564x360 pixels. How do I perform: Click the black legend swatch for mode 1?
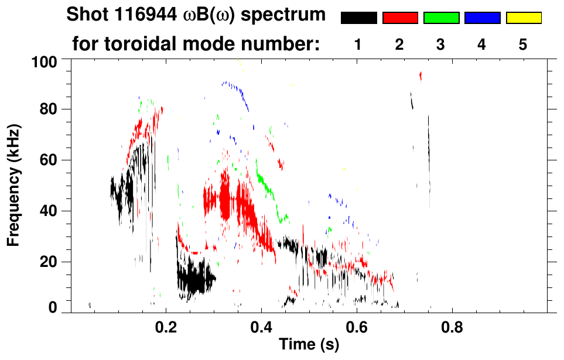tap(358, 18)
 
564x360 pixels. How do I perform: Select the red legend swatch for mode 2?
tap(400, 18)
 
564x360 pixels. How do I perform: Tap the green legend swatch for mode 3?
tap(441, 18)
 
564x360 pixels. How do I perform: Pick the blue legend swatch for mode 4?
tap(482, 18)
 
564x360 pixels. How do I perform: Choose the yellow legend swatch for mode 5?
tap(523, 18)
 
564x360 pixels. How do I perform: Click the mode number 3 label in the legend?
tap(441, 44)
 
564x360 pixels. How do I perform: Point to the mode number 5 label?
tap(523, 44)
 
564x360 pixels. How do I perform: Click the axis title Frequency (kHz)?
tap(13, 184)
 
